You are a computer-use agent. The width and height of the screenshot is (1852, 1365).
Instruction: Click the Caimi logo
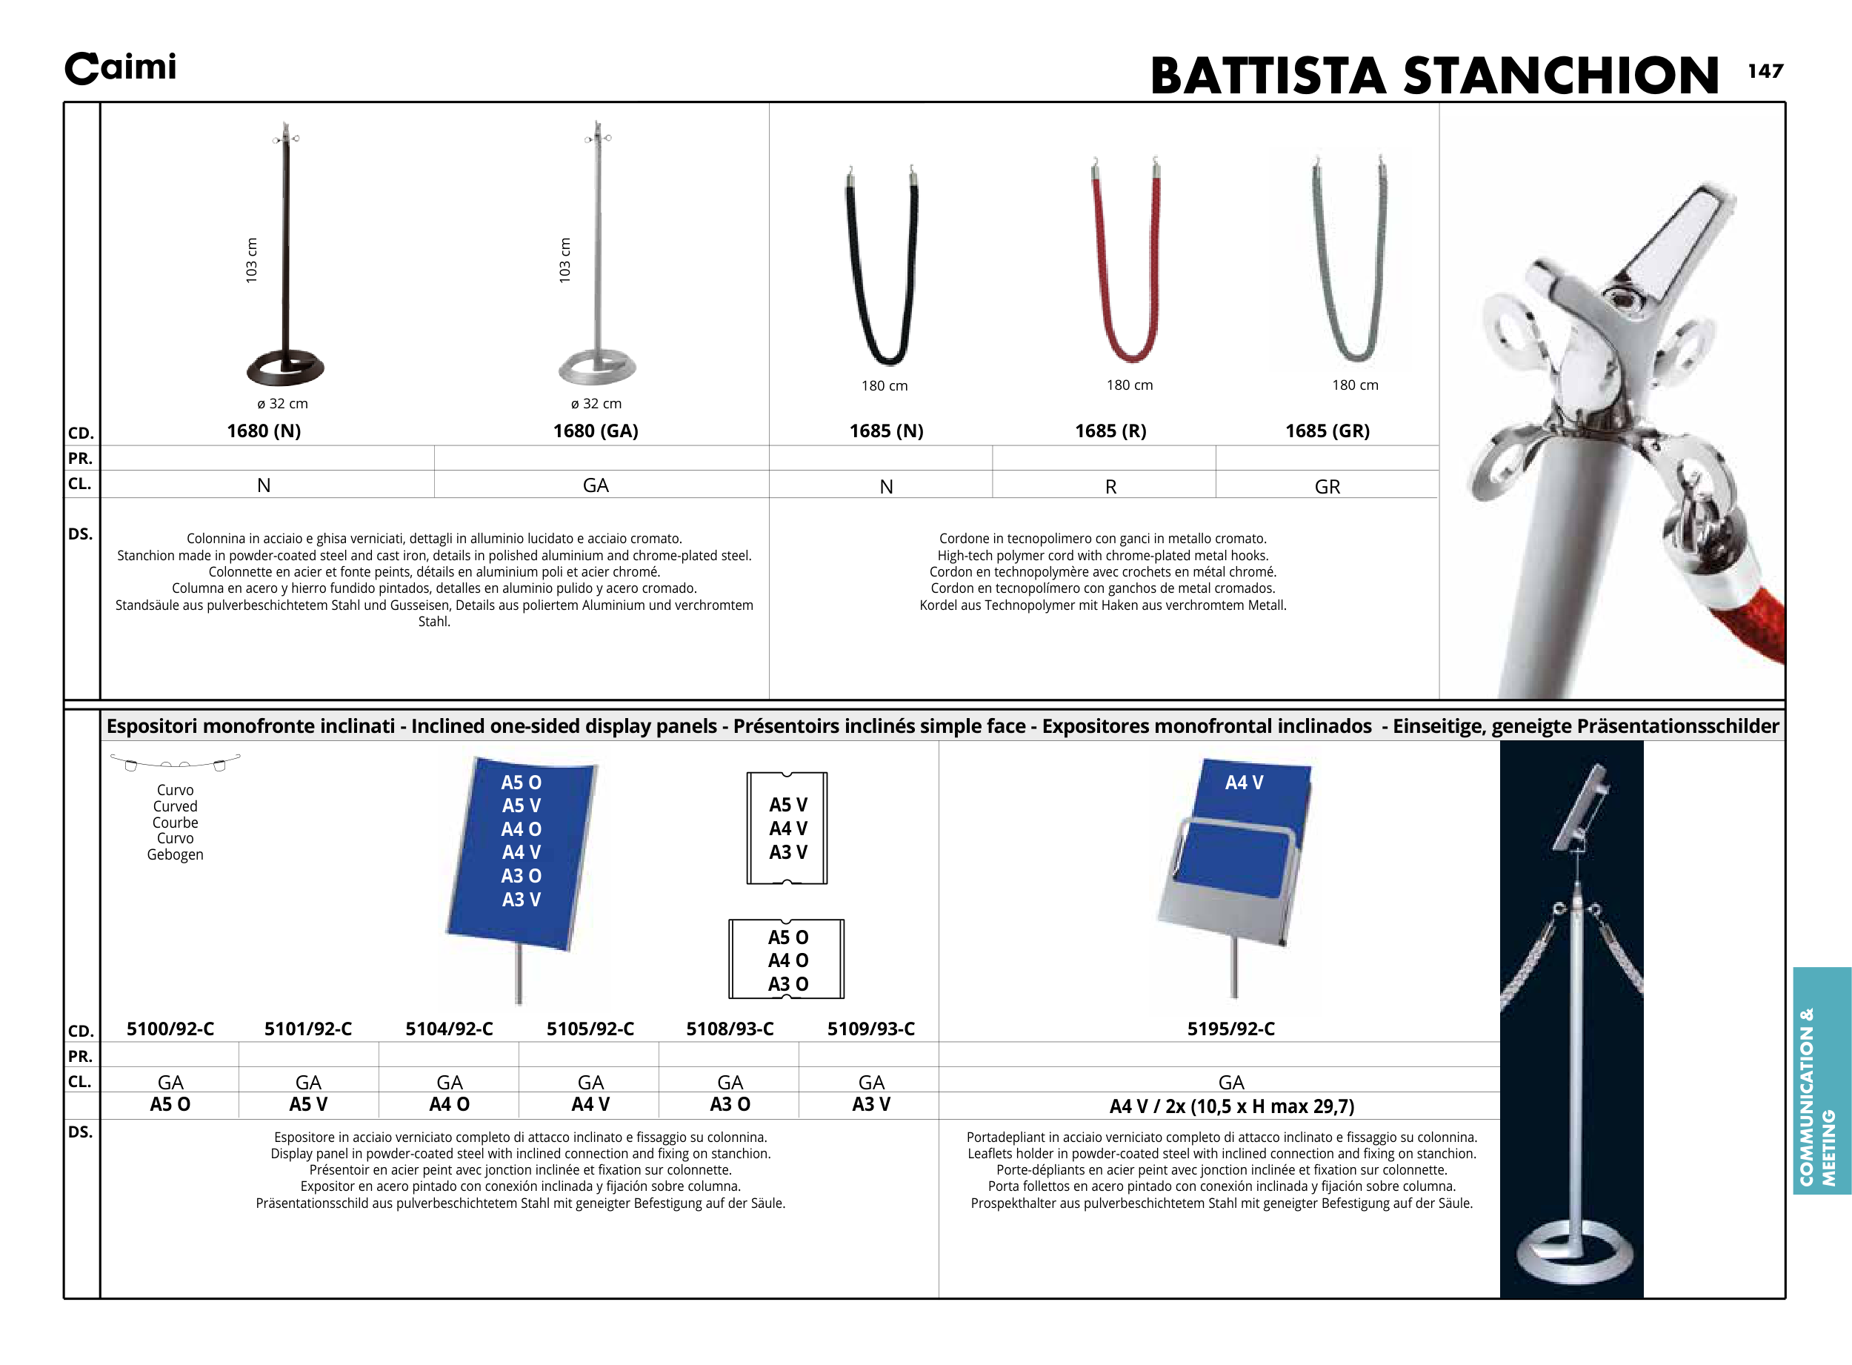121,67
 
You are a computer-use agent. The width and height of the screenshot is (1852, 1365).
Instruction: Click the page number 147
1765,71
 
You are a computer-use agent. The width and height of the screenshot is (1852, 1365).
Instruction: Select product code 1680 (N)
264,431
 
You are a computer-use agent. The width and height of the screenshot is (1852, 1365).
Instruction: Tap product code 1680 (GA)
596,431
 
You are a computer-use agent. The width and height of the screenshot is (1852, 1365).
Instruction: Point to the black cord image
882,265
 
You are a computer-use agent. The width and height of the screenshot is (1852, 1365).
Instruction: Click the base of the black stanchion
285,367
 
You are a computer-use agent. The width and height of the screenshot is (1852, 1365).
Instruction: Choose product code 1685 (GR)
1327,431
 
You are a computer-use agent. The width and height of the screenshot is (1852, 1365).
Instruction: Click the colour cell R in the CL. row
1110,487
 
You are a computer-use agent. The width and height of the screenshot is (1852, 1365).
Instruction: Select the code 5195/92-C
1230,1029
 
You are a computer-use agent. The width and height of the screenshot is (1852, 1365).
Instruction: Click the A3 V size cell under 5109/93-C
870,1104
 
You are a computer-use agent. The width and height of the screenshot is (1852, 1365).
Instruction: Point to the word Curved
175,806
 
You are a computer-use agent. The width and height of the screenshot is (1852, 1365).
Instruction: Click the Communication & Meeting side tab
1822,1080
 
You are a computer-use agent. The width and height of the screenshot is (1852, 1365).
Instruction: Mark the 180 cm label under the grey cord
1355,385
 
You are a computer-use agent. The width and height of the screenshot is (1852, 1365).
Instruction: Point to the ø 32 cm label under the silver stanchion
596,403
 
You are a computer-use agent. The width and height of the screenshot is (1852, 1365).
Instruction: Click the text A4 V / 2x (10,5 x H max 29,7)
1230,1106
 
